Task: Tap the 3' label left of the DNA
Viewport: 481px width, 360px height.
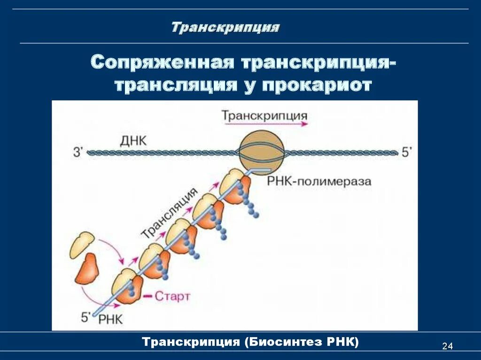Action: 78,153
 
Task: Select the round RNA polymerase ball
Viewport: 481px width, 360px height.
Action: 261,152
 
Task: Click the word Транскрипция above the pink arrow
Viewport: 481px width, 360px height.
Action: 264,115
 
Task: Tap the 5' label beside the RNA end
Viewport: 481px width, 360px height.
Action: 86,317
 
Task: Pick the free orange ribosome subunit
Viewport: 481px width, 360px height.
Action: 87,269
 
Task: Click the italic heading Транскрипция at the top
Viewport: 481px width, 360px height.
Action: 225,27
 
